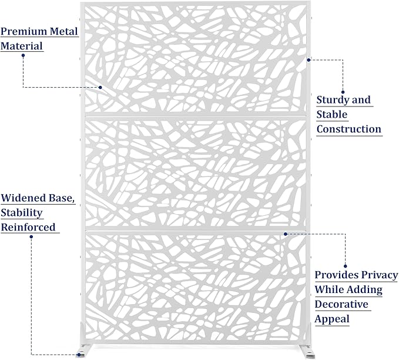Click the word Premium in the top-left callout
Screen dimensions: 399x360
24,31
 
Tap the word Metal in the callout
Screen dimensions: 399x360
64,31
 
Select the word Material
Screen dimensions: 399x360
22,46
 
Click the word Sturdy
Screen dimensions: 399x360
332,100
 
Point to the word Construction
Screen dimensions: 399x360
349,129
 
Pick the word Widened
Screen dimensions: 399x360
24,198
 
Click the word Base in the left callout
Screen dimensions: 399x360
62,198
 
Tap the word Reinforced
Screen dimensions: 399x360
28,227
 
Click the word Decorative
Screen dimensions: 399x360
341,304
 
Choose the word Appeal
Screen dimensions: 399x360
332,319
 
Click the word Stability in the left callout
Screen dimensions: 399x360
22,213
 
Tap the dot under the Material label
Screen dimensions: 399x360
23,55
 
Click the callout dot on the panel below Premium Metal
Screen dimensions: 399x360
100,88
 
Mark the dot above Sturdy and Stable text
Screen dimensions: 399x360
343,92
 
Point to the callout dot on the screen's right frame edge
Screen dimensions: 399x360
309,60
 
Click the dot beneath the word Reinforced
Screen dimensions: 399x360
31,236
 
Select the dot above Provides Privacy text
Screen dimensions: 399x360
346,266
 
